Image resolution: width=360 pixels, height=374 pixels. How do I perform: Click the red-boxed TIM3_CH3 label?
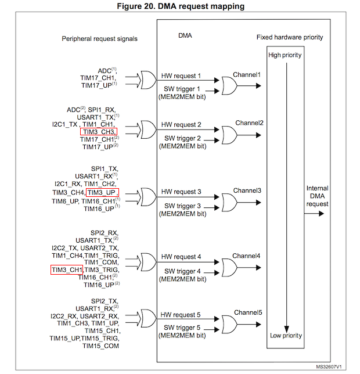click(99, 132)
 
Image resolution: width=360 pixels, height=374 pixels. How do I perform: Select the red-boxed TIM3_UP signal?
click(102, 192)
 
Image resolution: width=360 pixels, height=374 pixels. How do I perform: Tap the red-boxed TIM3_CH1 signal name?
click(67, 270)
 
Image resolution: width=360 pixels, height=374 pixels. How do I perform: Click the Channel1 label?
click(247, 75)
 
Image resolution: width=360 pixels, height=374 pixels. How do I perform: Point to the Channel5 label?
click(248, 312)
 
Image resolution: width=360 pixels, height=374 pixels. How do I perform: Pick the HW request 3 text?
click(181, 192)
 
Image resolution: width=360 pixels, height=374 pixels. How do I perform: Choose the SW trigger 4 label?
click(182, 271)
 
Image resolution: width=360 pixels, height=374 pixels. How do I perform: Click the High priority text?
click(285, 55)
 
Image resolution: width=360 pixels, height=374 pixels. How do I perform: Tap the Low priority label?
click(286, 336)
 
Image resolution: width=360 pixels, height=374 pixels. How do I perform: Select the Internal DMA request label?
click(318, 196)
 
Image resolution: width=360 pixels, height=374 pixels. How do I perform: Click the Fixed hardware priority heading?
click(290, 37)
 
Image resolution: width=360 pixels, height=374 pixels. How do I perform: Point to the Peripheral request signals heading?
click(100, 39)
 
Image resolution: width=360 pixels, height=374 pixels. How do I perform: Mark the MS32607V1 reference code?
click(329, 366)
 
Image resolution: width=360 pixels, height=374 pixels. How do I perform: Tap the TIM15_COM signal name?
click(100, 346)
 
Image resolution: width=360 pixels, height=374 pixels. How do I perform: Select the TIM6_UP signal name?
click(65, 202)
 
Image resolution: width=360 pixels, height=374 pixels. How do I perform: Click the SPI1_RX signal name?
click(102, 110)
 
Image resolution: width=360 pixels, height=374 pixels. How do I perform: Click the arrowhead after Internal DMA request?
click(322, 214)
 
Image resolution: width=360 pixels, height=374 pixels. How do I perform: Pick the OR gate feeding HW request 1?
click(149, 80)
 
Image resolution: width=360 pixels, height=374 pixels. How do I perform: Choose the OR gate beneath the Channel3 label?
click(229, 203)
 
